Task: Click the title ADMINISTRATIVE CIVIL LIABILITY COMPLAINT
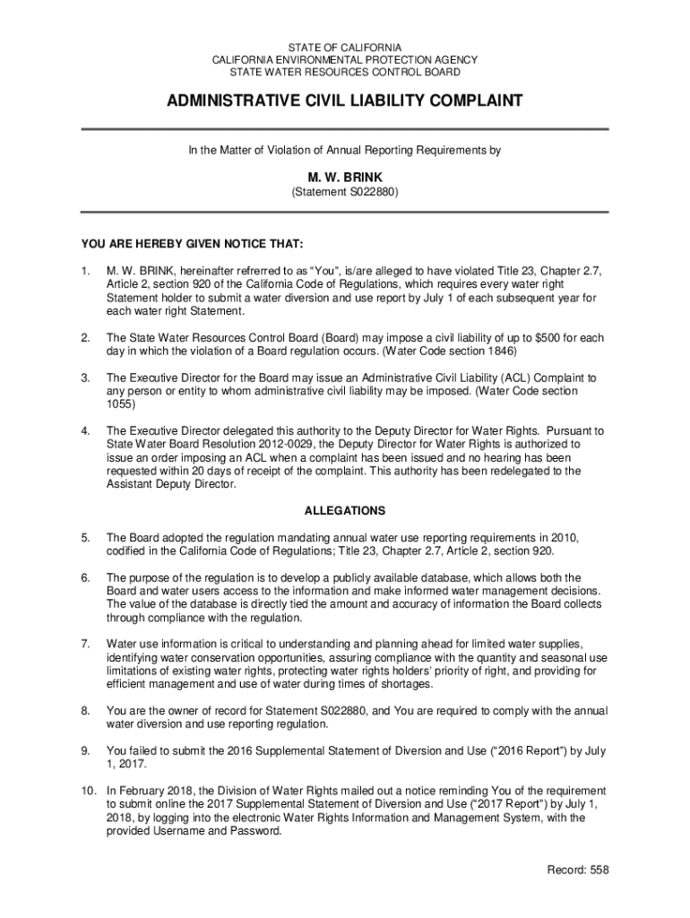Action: pos(344,101)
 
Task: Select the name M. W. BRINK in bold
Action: pos(344,178)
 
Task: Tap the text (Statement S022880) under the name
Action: pos(344,193)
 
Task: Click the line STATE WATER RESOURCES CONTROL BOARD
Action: pos(344,72)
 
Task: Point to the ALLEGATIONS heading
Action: pos(345,511)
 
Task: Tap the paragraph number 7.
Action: pos(85,644)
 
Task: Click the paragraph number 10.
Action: pos(88,792)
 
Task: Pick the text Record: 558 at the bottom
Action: pos(576,870)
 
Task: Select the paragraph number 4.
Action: pos(85,430)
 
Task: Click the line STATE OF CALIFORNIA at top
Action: pos(344,47)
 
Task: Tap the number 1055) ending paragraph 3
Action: pos(121,404)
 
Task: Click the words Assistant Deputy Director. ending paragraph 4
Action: pos(171,484)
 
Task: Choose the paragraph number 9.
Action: pos(85,751)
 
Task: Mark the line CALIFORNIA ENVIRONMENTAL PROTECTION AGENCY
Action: pos(344,59)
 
